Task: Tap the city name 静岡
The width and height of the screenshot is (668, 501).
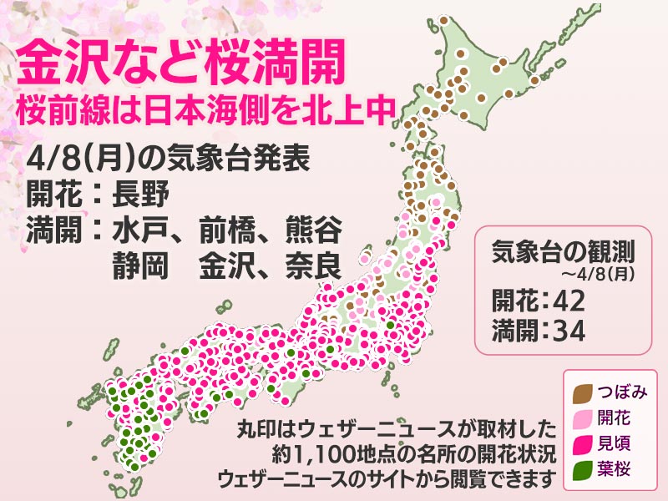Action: (139, 266)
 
